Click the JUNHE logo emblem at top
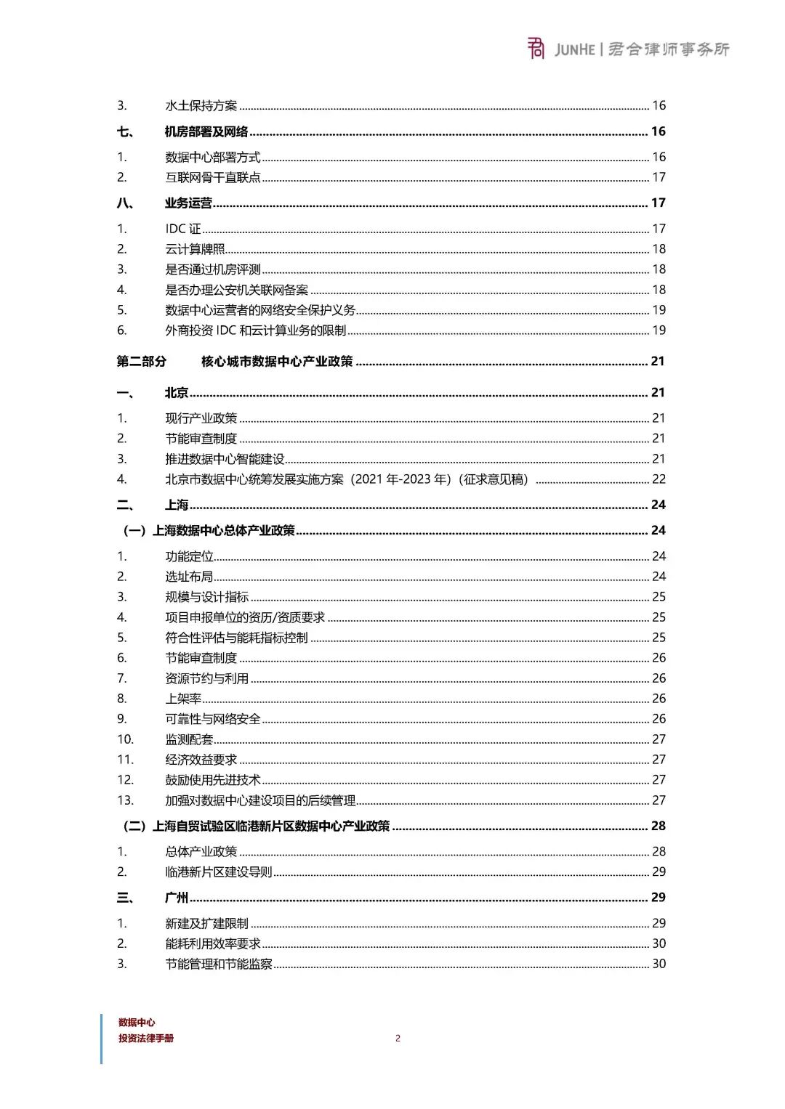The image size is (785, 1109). coord(536,49)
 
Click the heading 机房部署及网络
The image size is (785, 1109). coord(206,131)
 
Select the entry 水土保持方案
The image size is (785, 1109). coord(201,106)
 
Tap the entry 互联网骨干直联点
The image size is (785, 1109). coord(212,177)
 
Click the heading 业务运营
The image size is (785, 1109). coord(188,203)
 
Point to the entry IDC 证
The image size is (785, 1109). coord(183,229)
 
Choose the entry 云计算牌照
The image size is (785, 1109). coord(195,249)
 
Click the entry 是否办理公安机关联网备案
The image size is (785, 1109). coord(236,290)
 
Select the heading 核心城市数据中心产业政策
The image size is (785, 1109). coord(277,362)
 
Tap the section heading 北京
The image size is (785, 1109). coord(177,393)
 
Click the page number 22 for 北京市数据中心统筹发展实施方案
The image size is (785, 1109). coord(659,479)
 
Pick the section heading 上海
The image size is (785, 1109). coord(177,505)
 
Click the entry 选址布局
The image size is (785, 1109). coord(189,577)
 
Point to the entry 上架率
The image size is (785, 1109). coord(183,699)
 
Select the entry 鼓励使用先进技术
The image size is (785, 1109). coord(212,780)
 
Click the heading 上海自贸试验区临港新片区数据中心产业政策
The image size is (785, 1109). coord(270,826)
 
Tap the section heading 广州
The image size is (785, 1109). coord(177,898)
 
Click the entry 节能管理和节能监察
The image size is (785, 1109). coord(219,964)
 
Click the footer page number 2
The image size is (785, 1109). coord(398,1039)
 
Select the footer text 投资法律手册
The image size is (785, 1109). coord(146,1039)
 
